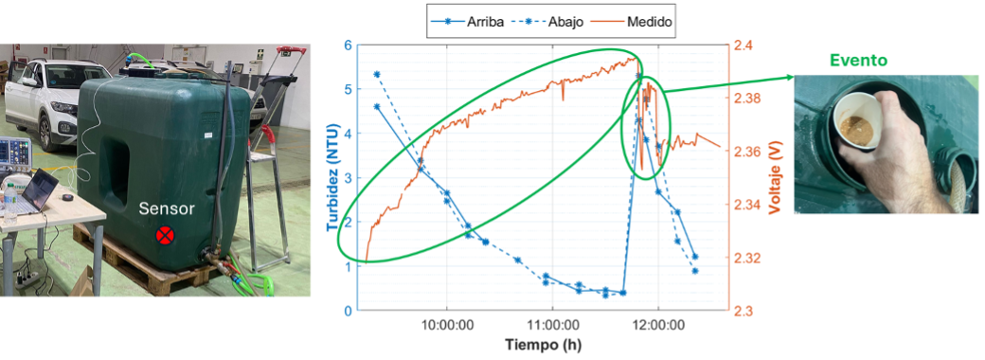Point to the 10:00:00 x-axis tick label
(447, 325)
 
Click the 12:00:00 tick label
(657, 325)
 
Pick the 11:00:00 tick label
(552, 325)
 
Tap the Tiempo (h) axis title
(542, 345)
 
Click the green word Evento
(857, 61)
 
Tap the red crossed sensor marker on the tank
(165, 236)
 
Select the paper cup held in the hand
(855, 122)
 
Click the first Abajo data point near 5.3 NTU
(377, 74)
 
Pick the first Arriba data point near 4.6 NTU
(377, 107)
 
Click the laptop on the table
(39, 191)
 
